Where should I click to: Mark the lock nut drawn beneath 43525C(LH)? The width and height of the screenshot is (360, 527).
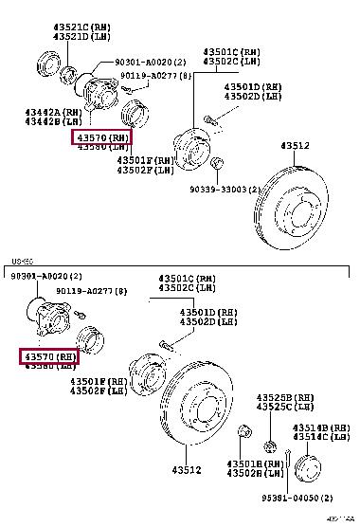[269, 445]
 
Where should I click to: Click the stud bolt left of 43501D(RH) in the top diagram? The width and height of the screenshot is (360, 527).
[210, 118]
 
